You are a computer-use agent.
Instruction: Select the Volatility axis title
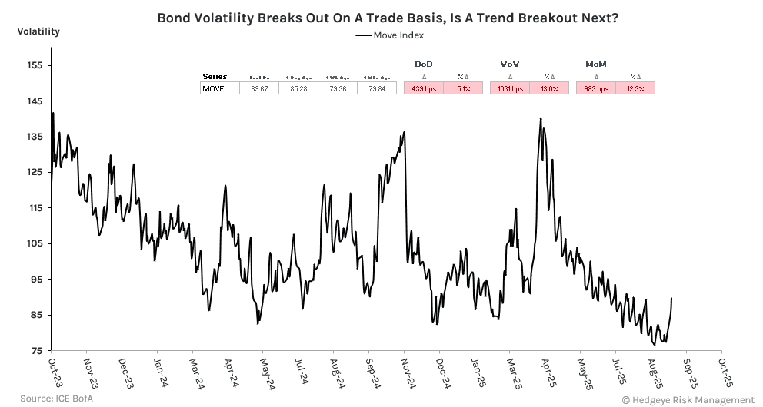click(x=38, y=32)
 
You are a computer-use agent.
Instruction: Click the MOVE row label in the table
click(x=213, y=89)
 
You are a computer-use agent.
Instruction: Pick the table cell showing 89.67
click(x=258, y=89)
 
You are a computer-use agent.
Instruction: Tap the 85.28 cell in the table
click(x=298, y=89)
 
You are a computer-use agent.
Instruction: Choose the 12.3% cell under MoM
click(x=635, y=89)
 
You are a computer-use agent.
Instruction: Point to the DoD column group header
click(x=424, y=64)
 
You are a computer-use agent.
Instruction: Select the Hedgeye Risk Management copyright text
click(x=688, y=399)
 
